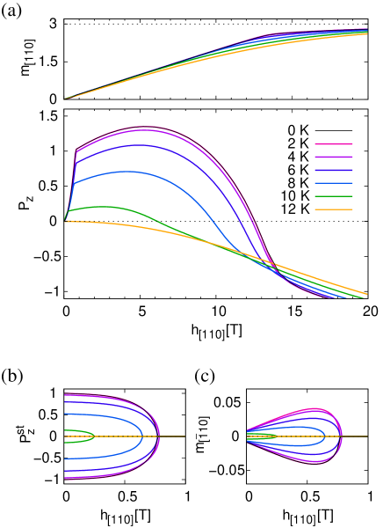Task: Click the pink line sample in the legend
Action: click(x=334, y=143)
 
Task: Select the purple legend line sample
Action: click(x=334, y=157)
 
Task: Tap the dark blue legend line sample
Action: click(x=334, y=170)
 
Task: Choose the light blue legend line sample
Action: click(x=334, y=183)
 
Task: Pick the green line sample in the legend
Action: click(x=334, y=196)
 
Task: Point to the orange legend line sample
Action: click(x=334, y=209)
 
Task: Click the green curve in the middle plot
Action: click(x=105, y=207)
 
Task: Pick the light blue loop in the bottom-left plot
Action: click(x=141, y=436)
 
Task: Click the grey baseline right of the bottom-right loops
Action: click(x=356, y=436)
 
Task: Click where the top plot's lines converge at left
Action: click(x=66, y=99)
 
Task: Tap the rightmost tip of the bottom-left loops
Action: click(x=159, y=436)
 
